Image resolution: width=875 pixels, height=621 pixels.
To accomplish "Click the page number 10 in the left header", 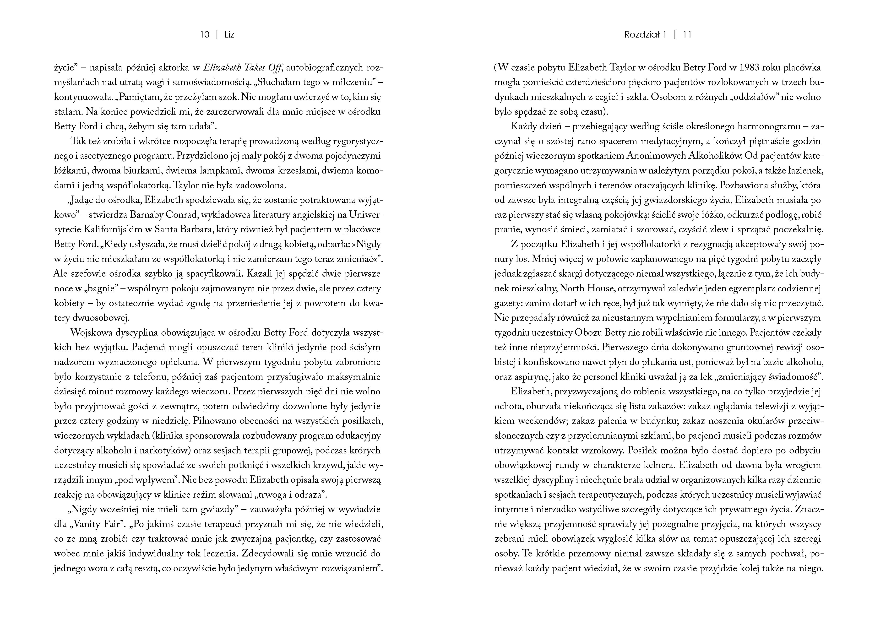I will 205,35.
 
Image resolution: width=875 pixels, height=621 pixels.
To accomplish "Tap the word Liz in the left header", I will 229,35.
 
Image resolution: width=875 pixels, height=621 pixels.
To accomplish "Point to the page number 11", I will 687,35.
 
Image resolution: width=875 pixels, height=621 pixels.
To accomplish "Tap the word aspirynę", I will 526,377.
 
